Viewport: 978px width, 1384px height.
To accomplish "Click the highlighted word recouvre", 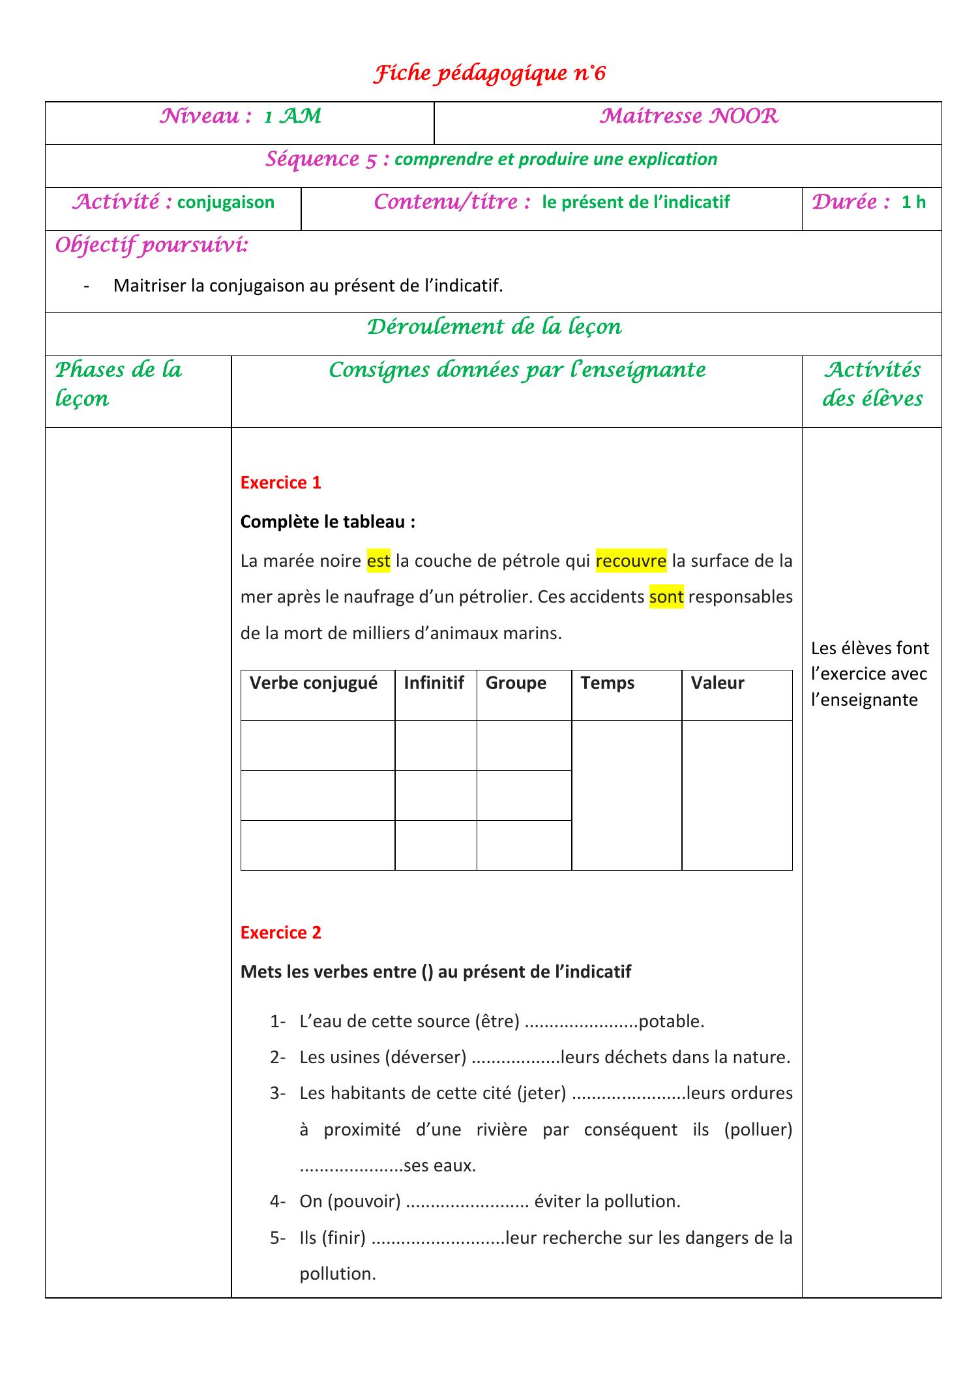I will [630, 561].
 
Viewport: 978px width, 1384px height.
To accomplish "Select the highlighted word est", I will [378, 561].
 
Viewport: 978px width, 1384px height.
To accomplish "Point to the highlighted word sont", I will [666, 597].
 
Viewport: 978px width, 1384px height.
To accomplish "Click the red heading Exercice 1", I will [280, 483].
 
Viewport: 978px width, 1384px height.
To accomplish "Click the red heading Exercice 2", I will [280, 933].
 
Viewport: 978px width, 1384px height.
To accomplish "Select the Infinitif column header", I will [434, 683].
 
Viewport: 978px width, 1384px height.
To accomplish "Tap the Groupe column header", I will [516, 683].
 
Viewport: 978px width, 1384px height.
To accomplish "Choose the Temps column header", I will [607, 683].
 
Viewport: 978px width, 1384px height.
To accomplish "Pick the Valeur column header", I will [717, 683].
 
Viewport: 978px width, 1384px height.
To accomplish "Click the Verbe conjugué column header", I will [314, 683].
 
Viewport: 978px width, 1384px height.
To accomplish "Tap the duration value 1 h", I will [913, 202].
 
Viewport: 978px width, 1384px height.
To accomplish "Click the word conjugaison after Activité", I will [226, 202].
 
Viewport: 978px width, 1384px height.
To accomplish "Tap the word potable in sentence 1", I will [671, 1021].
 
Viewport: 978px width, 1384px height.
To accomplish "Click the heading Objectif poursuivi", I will [151, 246].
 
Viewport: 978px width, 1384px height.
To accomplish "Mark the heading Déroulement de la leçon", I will [494, 327].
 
